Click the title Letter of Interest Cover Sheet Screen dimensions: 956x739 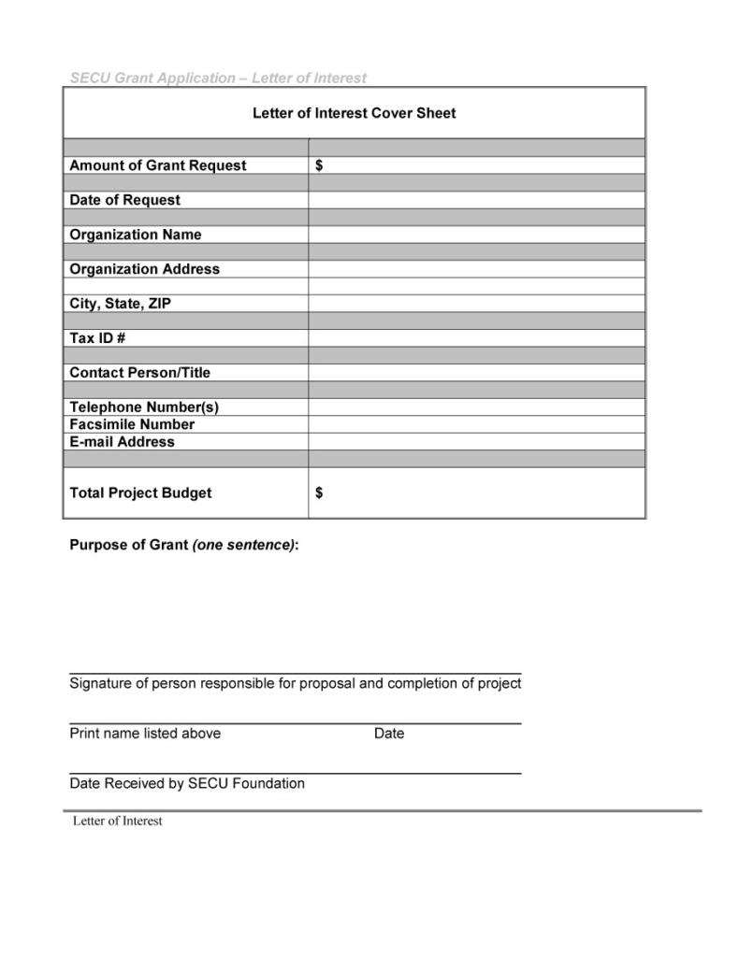click(354, 113)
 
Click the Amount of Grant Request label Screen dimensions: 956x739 click(158, 165)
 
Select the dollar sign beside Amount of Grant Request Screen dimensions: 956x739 click(319, 165)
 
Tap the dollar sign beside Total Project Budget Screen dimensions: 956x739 click(319, 492)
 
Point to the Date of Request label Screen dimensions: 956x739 click(124, 200)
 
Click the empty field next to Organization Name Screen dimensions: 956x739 click(476, 235)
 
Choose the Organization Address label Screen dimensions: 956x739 click(144, 269)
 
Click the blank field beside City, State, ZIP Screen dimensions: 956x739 click(476, 304)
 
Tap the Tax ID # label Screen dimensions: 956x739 click(97, 337)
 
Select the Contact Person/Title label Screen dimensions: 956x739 click(139, 372)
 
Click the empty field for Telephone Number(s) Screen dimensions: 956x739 click(476, 407)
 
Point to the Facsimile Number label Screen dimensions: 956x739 click(132, 424)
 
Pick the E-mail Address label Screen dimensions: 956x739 click(122, 441)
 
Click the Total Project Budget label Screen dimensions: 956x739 click(140, 492)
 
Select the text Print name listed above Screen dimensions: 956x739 click(145, 734)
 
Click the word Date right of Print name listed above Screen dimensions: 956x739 click(389, 734)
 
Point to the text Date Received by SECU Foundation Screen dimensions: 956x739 click(187, 783)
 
